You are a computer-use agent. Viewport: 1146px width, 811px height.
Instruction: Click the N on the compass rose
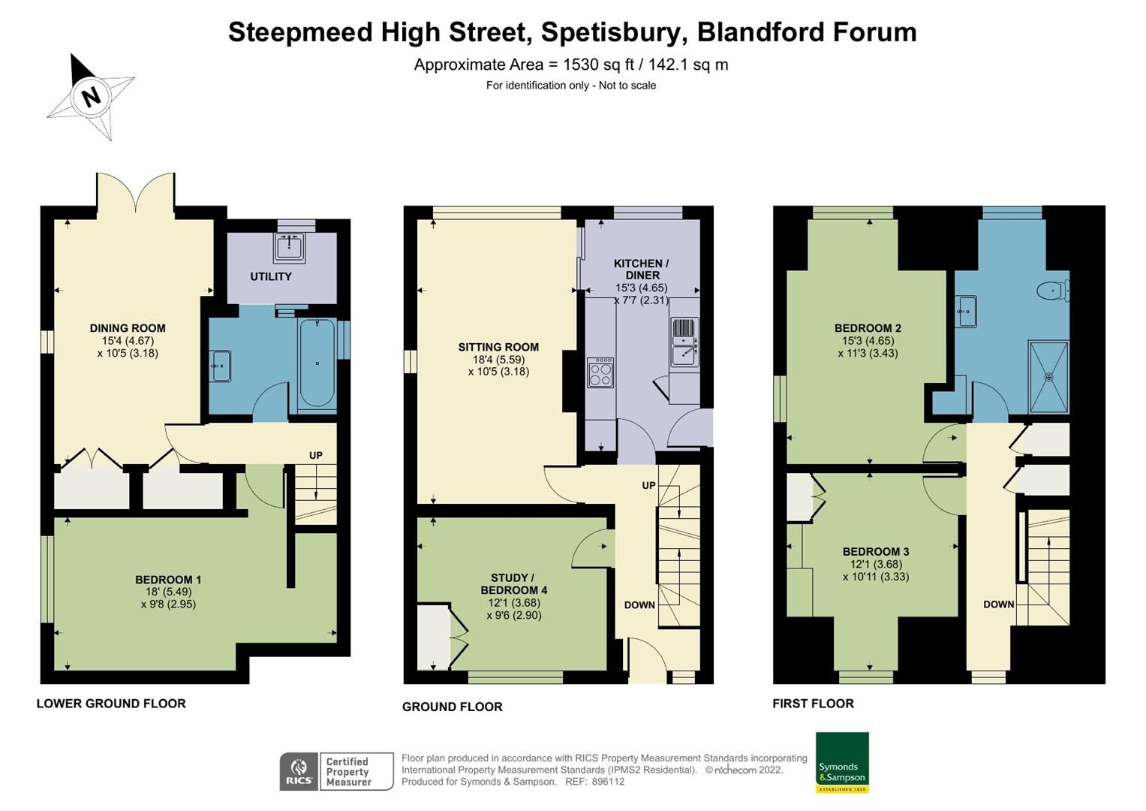[91, 97]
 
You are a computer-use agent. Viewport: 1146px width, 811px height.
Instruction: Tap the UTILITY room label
[271, 276]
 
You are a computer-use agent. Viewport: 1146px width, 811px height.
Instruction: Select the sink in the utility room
[289, 247]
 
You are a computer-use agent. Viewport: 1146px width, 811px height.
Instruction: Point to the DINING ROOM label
[128, 328]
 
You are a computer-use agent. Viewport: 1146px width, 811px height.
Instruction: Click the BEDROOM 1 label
[168, 580]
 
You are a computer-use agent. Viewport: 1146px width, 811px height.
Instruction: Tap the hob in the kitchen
[600, 372]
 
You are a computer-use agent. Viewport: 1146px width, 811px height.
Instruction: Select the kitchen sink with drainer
[684, 342]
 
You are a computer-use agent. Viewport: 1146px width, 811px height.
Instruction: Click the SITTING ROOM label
[498, 347]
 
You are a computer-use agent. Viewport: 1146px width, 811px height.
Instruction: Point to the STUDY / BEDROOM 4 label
[513, 583]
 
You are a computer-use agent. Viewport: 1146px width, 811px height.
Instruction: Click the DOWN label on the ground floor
[639, 605]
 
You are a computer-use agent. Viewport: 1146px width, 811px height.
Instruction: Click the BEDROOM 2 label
[868, 328]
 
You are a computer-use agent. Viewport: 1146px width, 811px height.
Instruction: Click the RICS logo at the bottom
[299, 771]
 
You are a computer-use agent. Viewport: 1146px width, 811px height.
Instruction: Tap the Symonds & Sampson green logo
[842, 762]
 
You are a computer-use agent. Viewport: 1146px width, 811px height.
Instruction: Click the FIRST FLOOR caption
[813, 704]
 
